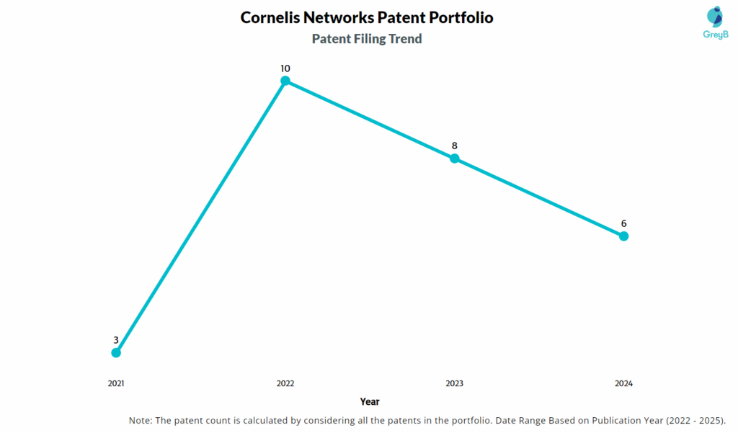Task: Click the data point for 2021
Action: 116,352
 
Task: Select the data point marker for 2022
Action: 285,81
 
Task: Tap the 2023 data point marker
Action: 455,159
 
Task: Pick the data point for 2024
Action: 624,236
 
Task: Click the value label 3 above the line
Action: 116,339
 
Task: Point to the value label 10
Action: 285,68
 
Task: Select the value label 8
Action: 455,146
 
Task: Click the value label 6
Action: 624,223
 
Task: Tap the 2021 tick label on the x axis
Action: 116,383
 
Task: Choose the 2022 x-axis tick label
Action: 285,383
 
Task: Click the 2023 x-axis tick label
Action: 455,383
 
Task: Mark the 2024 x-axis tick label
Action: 624,383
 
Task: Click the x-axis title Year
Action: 370,401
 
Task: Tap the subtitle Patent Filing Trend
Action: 367,39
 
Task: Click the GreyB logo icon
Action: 714,17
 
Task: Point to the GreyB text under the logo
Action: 714,35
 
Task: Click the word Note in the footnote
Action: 141,420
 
